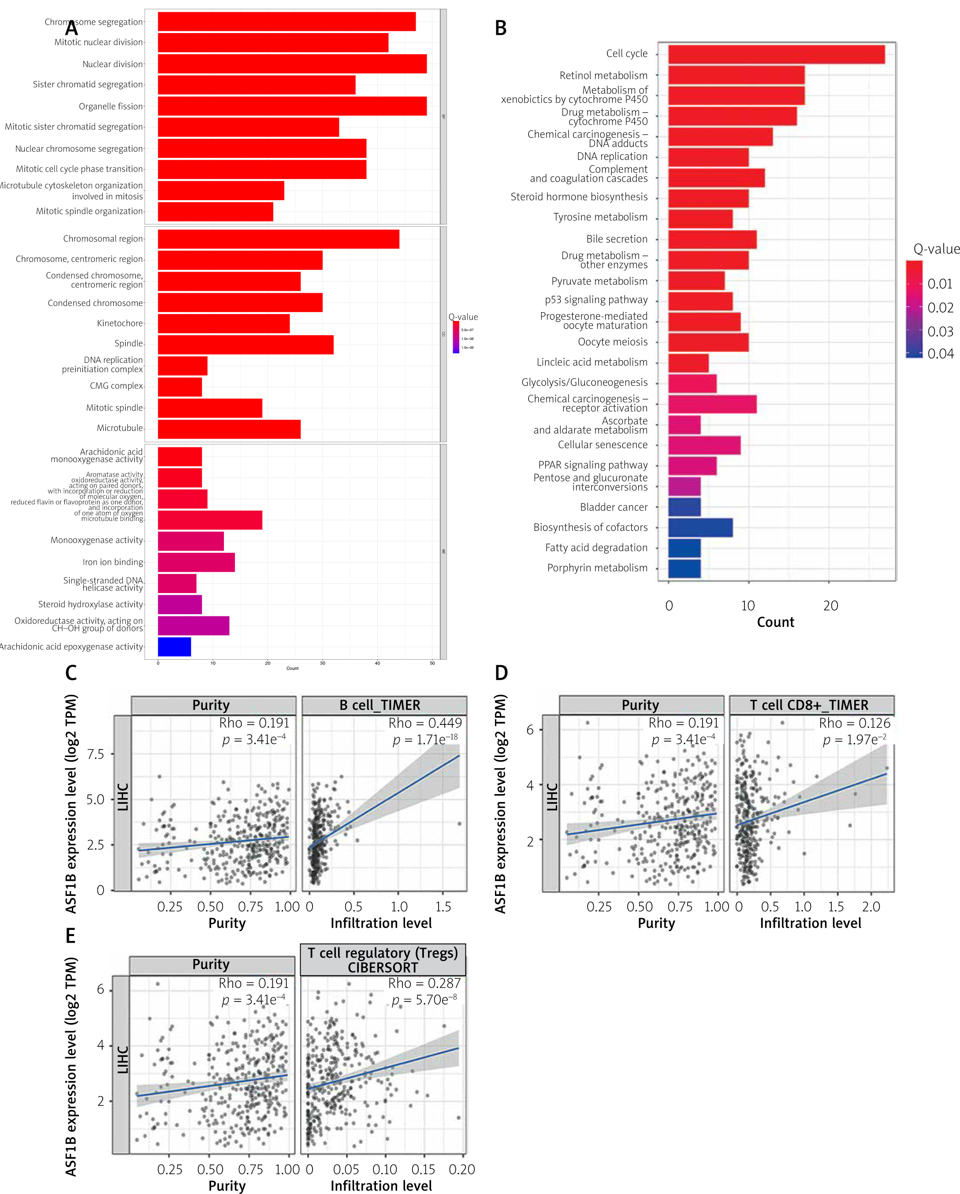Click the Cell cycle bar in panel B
776,54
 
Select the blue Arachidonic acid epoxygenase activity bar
175,647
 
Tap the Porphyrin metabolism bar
684,568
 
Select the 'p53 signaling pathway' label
596,300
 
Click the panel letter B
500,28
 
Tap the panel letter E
71,936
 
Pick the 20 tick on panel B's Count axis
830,606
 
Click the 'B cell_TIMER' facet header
380,705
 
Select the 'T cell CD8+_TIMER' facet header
809,705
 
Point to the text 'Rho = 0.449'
424,723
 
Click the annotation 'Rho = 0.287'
424,983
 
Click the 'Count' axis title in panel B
775,623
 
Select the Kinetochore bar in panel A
223,324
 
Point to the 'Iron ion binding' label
113,562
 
